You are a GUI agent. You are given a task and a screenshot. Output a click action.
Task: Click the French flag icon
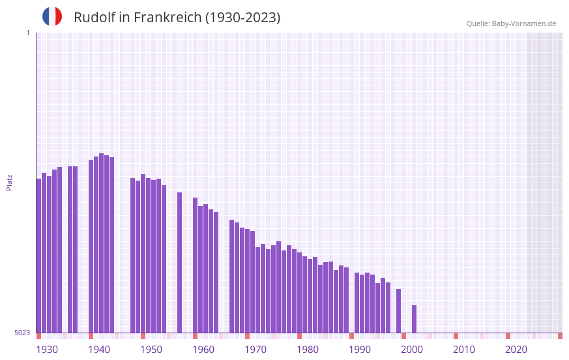coord(52,16)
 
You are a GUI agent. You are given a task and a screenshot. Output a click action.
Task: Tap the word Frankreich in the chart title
coord(168,18)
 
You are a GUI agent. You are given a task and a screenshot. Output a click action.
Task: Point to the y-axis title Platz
coord(9,182)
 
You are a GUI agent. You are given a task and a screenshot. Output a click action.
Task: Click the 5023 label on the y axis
coord(22,333)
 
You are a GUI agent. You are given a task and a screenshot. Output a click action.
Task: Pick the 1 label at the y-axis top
coord(27,33)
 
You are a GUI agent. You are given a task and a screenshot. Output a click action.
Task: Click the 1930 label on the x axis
coord(47,350)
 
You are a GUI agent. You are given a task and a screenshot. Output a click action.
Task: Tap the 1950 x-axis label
coord(151,350)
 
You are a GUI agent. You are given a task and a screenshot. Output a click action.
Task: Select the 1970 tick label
coord(255,350)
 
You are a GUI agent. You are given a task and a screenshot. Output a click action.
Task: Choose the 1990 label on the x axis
coord(360,350)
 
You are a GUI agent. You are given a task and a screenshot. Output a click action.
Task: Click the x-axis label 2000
coord(412,350)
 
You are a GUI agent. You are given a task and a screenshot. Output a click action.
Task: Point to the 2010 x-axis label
coord(464,350)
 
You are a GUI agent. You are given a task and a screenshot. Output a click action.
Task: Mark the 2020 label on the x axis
coord(516,350)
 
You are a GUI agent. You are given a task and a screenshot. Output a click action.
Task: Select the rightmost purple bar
coord(414,319)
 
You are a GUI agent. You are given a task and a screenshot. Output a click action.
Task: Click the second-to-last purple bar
coord(398,310)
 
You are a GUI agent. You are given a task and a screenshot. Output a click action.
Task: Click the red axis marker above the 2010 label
coord(456,336)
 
